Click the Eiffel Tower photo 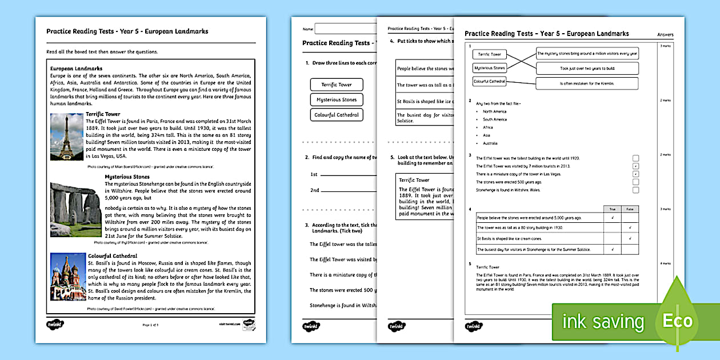click(x=67, y=136)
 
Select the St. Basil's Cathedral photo click(x=68, y=277)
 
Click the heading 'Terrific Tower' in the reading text click(x=103, y=114)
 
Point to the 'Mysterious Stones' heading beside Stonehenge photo click(x=127, y=177)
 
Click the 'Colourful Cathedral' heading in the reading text click(x=112, y=256)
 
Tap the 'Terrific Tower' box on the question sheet click(x=336, y=85)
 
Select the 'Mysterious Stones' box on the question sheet click(x=336, y=99)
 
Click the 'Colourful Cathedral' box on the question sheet click(x=336, y=115)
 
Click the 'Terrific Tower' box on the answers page click(x=489, y=54)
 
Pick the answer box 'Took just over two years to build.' click(x=587, y=68)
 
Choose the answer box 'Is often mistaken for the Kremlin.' click(x=587, y=83)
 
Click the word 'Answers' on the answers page click(x=666, y=35)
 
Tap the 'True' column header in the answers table click(x=613, y=209)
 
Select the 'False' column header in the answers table click(x=630, y=209)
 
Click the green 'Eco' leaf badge click(x=677, y=320)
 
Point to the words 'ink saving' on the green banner click(x=603, y=322)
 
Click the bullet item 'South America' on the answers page click(x=495, y=119)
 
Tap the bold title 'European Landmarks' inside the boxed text click(x=76, y=69)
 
